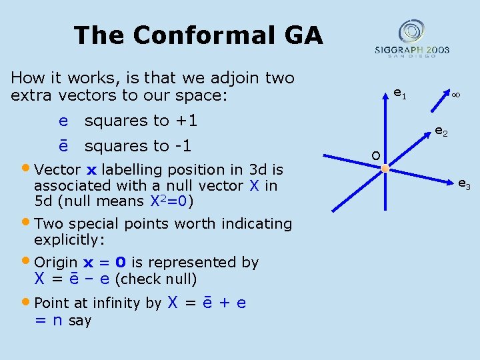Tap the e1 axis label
pos(399,94)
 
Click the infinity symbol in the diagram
pos(456,96)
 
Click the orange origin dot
pos(385,169)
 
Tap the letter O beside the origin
pos(376,155)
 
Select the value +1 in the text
pos(185,121)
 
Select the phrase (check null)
pos(155,279)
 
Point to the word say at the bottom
pos(80,321)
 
